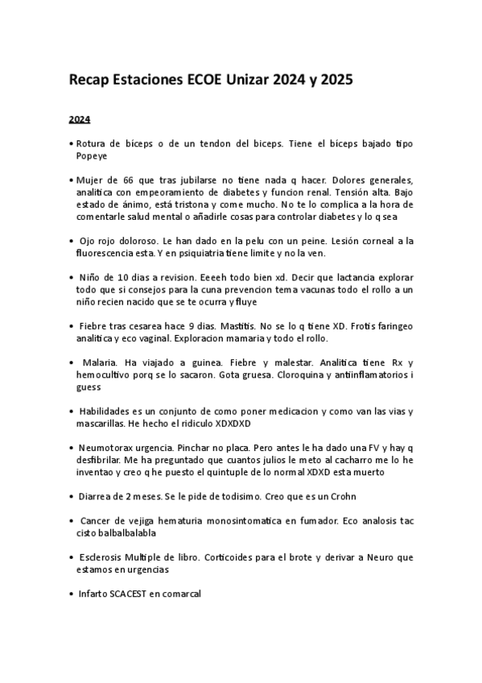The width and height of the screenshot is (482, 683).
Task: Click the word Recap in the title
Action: [89, 81]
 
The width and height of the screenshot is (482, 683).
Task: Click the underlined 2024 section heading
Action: [79, 120]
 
